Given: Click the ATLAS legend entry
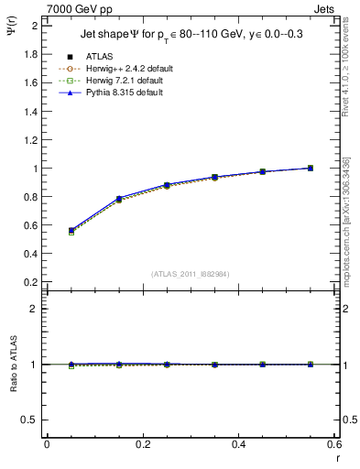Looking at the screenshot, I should (x=100, y=58).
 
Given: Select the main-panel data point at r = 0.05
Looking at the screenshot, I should (x=71, y=231).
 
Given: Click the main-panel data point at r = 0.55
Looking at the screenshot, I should (x=311, y=168).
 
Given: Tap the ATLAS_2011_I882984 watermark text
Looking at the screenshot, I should (x=191, y=274).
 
